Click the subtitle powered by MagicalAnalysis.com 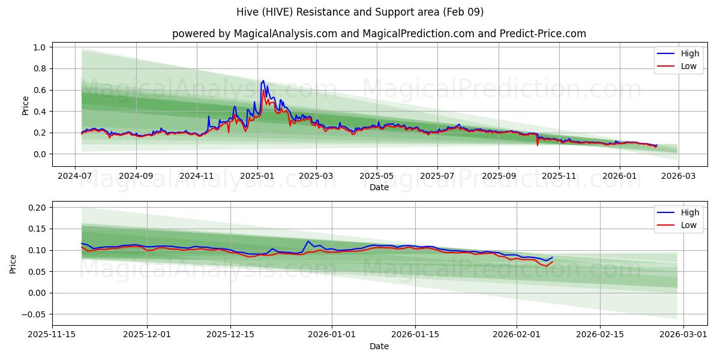tap(379, 34)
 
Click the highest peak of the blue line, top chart tap(263, 80)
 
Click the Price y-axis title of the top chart tap(25, 106)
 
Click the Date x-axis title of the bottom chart tap(379, 346)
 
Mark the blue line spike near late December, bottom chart tap(308, 241)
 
